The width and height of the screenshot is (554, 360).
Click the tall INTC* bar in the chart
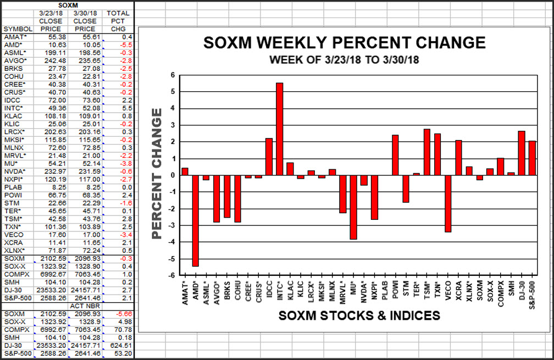(279, 129)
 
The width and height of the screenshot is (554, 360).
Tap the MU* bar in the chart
(353, 207)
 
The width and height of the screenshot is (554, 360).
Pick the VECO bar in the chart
(448, 203)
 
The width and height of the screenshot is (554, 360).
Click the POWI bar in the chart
(395, 155)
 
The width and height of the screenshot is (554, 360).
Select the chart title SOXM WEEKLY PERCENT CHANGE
(345, 43)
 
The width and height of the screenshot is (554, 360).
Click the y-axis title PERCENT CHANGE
(157, 174)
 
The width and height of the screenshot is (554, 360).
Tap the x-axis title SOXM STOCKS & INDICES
(359, 315)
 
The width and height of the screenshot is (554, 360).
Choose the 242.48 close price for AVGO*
(53, 60)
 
